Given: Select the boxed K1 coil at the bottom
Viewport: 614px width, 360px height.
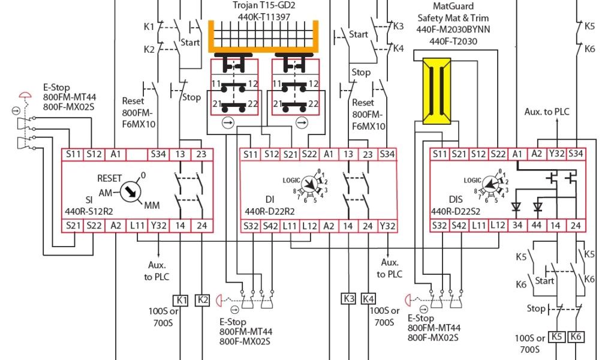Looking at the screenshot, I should [181, 299].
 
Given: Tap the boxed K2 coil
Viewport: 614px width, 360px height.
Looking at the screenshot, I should [203, 299].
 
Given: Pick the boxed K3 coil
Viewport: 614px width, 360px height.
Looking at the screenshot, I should [349, 299].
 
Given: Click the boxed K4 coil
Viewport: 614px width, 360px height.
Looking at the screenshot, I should [369, 299].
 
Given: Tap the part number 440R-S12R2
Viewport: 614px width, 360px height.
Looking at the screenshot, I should [89, 211].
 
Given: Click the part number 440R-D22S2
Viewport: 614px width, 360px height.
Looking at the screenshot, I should [458, 211].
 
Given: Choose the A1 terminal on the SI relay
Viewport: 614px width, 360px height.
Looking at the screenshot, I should [116, 154].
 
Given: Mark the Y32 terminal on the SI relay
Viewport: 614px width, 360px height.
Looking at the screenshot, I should [159, 226].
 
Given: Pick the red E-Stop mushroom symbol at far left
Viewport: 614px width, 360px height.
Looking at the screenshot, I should [25, 95].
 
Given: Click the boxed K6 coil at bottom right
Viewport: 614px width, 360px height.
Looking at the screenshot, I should [577, 337].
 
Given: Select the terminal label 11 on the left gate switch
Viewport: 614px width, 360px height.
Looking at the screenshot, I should [216, 83].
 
